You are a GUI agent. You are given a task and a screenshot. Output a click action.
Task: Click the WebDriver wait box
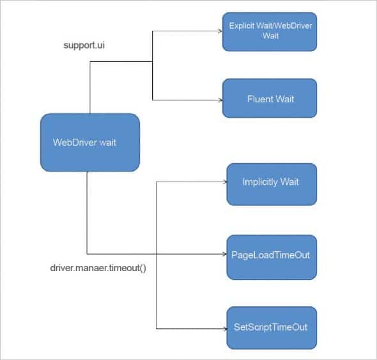pos(89,142)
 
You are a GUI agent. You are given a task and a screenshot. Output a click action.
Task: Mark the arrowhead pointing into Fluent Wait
pos(219,100)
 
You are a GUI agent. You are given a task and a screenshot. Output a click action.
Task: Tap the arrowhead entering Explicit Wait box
pos(219,30)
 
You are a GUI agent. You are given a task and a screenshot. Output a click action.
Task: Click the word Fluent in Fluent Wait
pos(258,99)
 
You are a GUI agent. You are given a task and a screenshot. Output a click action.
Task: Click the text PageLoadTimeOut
pos(270,255)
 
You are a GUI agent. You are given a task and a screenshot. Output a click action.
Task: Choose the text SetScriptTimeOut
pos(270,327)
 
